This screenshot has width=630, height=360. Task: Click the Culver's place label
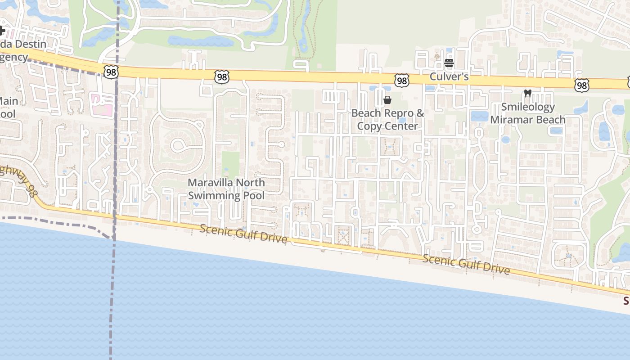pyautogui.click(x=449, y=76)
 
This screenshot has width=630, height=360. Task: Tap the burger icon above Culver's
pyautogui.click(x=449, y=63)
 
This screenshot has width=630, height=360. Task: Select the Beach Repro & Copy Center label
pyautogui.click(x=387, y=119)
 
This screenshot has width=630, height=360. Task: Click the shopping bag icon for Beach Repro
pyautogui.click(x=387, y=100)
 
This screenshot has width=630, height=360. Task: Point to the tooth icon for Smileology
pyautogui.click(x=528, y=94)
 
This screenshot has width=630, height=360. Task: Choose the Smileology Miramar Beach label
pyautogui.click(x=528, y=113)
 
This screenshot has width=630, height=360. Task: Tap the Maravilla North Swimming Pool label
pyautogui.click(x=226, y=189)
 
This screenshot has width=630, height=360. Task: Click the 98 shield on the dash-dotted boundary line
pyautogui.click(x=111, y=72)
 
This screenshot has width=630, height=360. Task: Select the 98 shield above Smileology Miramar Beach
pyautogui.click(x=581, y=85)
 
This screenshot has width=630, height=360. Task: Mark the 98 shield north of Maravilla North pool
pyautogui.click(x=221, y=77)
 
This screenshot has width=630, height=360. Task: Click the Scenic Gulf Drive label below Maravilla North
pyautogui.click(x=243, y=233)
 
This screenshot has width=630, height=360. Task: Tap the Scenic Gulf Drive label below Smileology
pyautogui.click(x=466, y=264)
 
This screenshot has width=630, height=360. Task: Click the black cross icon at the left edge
pyautogui.click(x=2, y=31)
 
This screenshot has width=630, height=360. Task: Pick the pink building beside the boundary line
pyautogui.click(x=102, y=104)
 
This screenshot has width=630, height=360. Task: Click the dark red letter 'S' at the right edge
pyautogui.click(x=626, y=301)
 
